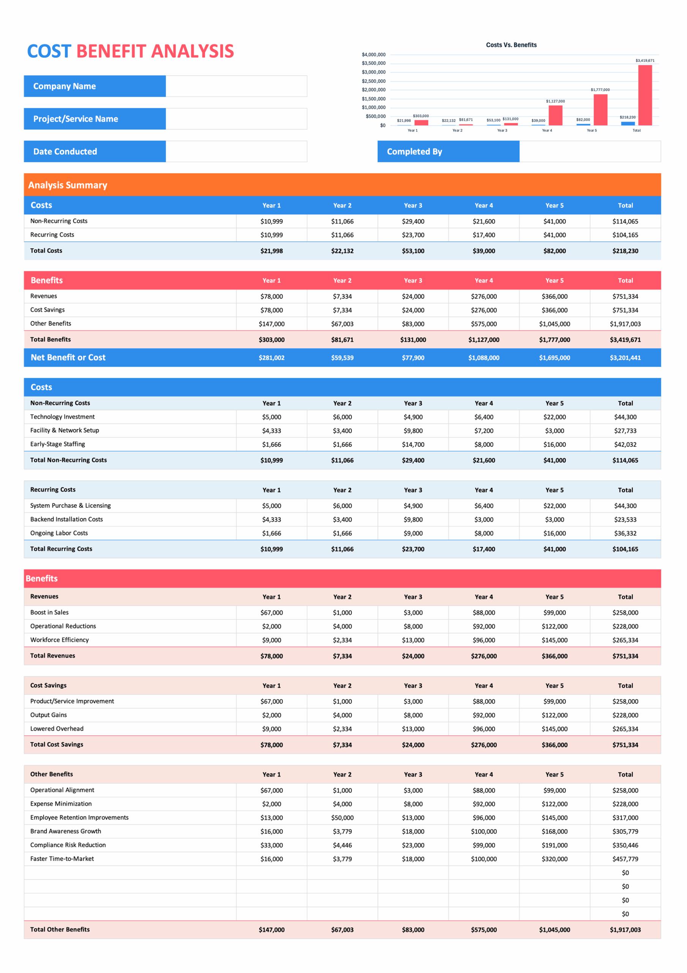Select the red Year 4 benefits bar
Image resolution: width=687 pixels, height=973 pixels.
click(x=555, y=115)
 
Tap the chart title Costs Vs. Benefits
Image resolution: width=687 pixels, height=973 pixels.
click(x=511, y=45)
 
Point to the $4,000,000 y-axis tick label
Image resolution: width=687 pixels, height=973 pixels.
click(x=373, y=55)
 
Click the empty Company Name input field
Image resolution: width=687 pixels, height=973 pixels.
click(x=236, y=86)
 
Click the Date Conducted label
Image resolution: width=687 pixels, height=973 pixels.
click(x=65, y=151)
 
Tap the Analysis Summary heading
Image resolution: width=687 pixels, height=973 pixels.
click(x=68, y=185)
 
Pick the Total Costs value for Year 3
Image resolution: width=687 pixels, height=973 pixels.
click(x=412, y=251)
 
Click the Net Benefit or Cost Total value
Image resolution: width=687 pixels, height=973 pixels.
click(x=625, y=358)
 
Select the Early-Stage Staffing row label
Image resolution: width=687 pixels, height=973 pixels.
click(x=58, y=444)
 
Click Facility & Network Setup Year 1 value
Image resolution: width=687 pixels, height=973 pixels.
click(x=272, y=431)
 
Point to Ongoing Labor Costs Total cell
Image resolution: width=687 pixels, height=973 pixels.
click(x=625, y=533)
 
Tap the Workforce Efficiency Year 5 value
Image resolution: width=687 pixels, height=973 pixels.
click(x=554, y=640)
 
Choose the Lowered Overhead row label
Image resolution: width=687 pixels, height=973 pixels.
click(x=57, y=729)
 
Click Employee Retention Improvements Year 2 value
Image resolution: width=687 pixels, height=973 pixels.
click(x=342, y=818)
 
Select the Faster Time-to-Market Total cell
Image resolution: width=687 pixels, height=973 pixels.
click(x=625, y=859)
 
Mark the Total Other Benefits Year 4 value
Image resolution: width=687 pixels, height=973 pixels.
click(x=483, y=929)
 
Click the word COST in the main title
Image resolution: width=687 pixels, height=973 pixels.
click(x=49, y=51)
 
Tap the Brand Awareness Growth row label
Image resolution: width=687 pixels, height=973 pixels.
click(x=66, y=831)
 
